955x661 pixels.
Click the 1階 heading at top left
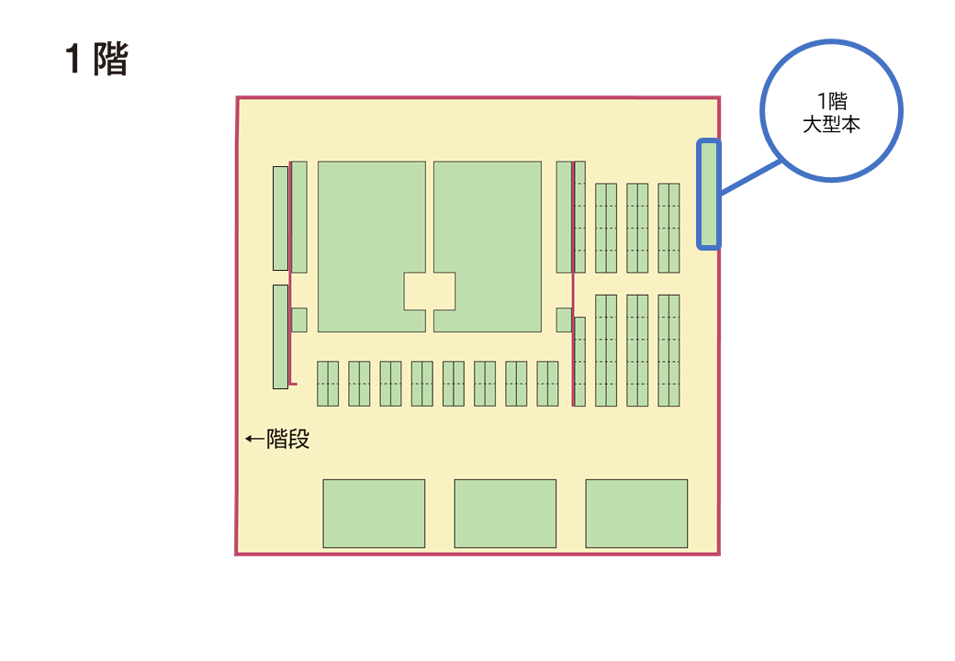[96, 60]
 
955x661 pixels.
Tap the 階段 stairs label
[287, 440]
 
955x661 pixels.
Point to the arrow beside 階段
[254, 440]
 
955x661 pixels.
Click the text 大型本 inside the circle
[831, 125]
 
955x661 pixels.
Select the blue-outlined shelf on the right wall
[708, 194]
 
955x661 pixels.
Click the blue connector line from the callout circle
[750, 177]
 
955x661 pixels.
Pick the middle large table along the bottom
[505, 513]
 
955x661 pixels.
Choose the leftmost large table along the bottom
[374, 513]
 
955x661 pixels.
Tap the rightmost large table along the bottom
[636, 513]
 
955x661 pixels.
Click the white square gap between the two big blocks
[430, 291]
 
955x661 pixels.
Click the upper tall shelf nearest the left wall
[280, 218]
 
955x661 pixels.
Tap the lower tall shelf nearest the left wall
[280, 336]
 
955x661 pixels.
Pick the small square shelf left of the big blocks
[298, 319]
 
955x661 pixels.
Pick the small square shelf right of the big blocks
[564, 319]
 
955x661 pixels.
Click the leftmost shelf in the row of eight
[328, 383]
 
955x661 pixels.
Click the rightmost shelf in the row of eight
[547, 383]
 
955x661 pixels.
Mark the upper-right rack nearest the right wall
[668, 228]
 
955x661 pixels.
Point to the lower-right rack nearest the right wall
[668, 350]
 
